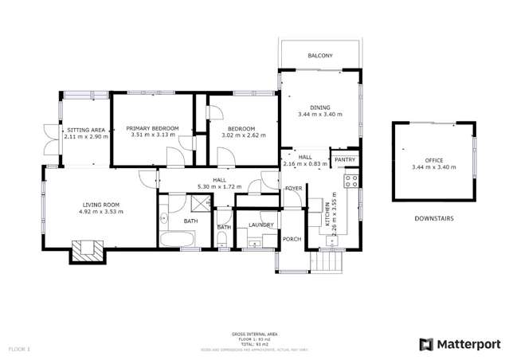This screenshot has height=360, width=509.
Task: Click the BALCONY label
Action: coord(320,55)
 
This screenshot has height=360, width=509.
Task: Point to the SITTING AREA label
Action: coord(86,129)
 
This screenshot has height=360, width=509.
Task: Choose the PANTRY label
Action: coord(345,160)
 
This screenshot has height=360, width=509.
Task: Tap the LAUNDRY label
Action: coord(260,225)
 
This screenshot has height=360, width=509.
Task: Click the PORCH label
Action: coord(292,238)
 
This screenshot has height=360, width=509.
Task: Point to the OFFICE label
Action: coord(433,160)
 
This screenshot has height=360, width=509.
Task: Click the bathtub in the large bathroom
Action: coord(178,239)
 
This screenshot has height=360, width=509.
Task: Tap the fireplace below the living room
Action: coord(87,252)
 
